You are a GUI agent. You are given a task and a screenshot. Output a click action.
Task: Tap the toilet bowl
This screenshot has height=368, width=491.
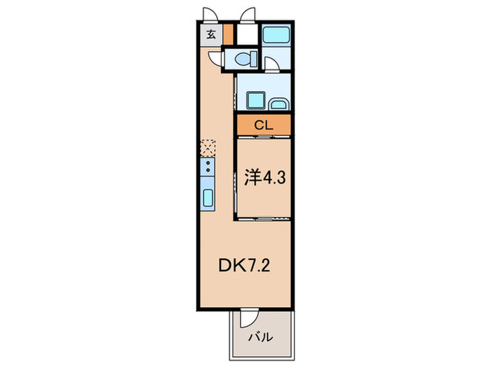tap(245, 60)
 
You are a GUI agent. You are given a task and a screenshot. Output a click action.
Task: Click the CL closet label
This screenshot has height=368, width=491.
tap(262, 126)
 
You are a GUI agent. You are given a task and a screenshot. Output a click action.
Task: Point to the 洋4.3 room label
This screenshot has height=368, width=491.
tap(264, 177)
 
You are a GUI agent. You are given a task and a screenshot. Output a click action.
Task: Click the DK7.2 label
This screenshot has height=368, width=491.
tap(242, 266)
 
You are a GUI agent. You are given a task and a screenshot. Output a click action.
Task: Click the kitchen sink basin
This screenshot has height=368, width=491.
tap(209, 196)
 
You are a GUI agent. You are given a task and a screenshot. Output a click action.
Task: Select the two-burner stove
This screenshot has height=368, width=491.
tap(208, 168)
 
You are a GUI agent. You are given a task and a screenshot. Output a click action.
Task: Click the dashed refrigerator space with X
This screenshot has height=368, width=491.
tap(208, 148)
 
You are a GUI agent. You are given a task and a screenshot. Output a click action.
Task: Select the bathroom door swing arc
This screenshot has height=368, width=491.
tap(274, 64)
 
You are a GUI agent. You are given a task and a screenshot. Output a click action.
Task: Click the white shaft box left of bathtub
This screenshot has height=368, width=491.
tap(246, 34)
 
